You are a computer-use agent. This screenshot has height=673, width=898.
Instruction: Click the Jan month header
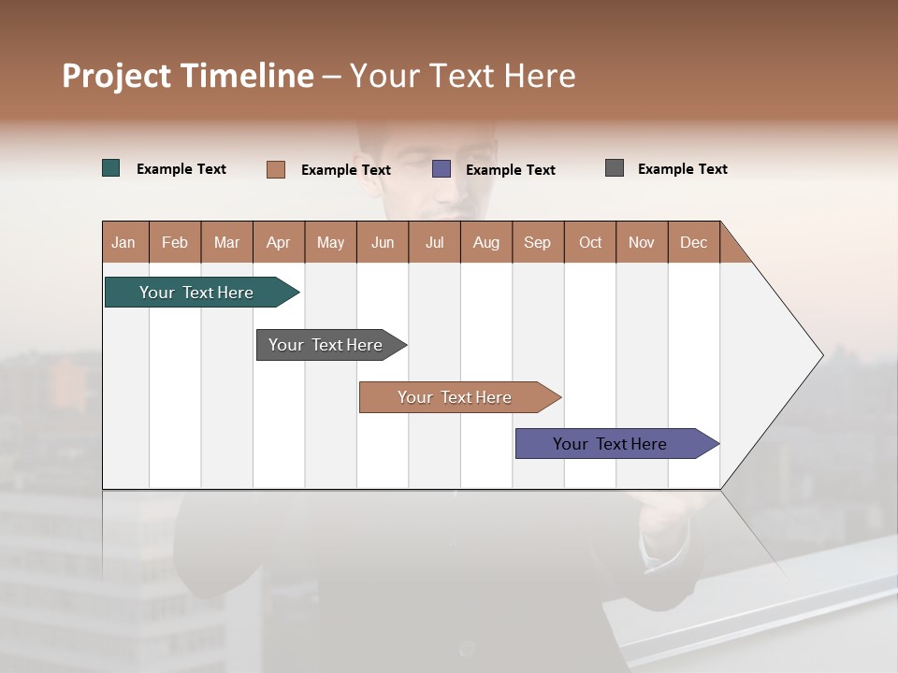point(123,242)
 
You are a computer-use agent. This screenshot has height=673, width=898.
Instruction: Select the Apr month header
point(278,242)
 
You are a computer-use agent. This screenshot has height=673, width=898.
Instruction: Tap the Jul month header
point(434,242)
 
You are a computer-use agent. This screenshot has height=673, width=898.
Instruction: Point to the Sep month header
point(537,242)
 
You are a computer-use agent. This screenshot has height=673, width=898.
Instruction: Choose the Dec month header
point(693,242)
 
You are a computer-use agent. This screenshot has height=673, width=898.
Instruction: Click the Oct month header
point(589,242)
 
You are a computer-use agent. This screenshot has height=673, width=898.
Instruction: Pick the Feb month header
point(175,242)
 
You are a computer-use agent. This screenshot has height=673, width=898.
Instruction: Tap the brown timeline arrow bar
point(456,397)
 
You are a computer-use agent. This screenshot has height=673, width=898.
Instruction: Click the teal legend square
point(111,168)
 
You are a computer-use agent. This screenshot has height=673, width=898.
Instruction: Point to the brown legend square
point(276,169)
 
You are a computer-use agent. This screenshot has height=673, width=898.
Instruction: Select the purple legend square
point(442,169)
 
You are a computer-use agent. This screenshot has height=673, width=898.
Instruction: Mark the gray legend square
point(615,168)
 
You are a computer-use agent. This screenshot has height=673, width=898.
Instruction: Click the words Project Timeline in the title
point(187,76)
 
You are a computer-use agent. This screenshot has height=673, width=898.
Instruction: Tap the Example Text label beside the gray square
point(682,169)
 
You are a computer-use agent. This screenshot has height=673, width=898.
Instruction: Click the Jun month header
point(382,242)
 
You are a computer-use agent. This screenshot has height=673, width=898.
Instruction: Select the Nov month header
point(641,242)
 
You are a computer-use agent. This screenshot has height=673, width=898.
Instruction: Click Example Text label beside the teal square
point(181,169)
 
